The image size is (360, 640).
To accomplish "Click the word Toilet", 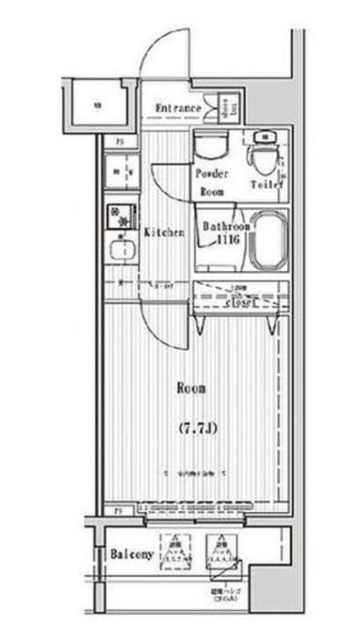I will click(266, 185).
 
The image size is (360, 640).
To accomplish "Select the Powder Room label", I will click(212, 182).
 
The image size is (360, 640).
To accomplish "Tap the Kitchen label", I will click(164, 233).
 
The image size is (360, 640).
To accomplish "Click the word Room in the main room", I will click(191, 389).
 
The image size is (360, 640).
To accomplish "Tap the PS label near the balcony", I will click(117, 510).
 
